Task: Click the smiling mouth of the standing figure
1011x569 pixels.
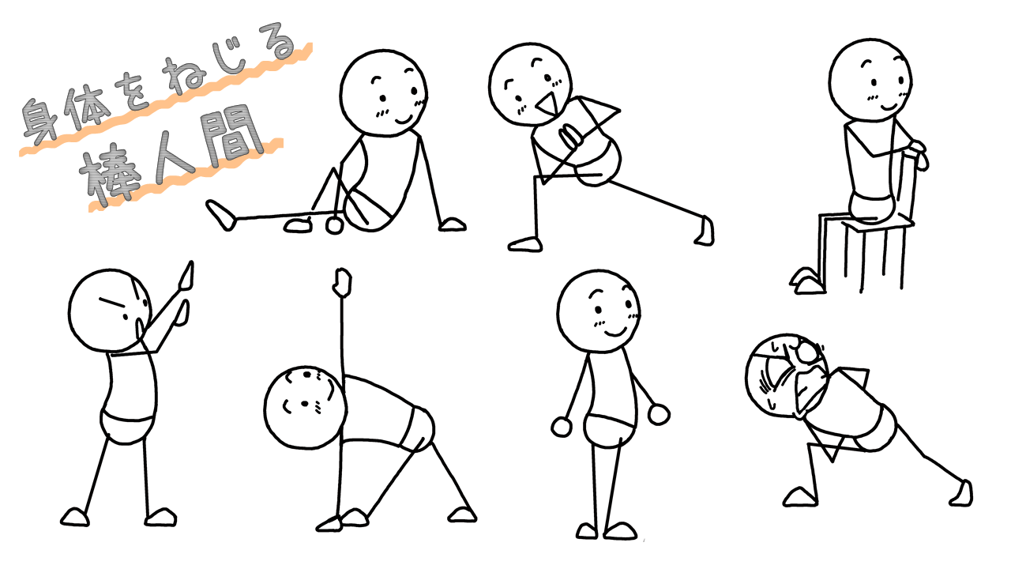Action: tap(615, 333)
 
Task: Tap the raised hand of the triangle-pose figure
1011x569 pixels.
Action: tap(343, 282)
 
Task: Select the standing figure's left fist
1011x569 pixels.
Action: tap(562, 427)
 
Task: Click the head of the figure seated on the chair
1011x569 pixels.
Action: tap(870, 81)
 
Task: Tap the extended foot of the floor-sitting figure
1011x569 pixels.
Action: tap(221, 215)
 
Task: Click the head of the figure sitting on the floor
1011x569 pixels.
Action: tap(384, 93)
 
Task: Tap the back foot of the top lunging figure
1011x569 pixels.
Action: tap(705, 232)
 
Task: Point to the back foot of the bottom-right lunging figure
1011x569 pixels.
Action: tap(962, 494)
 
